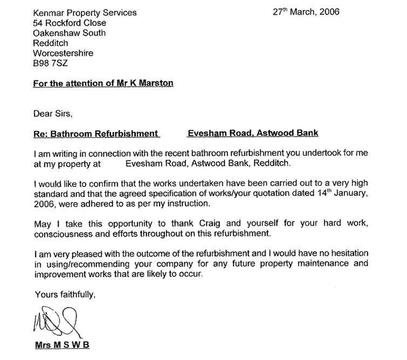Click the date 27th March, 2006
point(306,13)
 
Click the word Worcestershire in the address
point(63,53)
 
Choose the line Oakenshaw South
point(70,33)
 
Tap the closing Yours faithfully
point(65,294)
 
